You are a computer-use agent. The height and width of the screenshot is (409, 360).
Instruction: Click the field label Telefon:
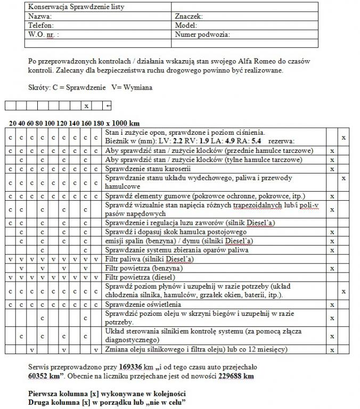pyautogui.click(x=41, y=25)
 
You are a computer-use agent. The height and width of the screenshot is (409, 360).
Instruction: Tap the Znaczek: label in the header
pyautogui.click(x=189, y=17)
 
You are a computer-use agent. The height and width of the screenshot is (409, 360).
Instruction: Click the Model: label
pyautogui.click(x=186, y=25)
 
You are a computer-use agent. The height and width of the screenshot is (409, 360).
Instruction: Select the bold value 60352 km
pyautogui.click(x=45, y=375)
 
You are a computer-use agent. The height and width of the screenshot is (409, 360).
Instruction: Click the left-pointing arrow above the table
pyautogui.click(x=108, y=106)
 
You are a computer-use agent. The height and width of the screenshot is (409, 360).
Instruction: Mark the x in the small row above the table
pyautogui.click(x=86, y=106)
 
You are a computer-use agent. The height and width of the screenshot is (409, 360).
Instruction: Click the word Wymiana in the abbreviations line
pyautogui.click(x=137, y=87)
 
